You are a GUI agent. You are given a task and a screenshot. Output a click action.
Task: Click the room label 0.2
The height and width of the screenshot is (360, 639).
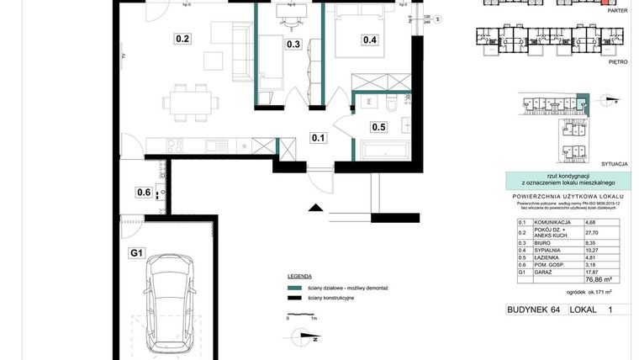pos(182,38)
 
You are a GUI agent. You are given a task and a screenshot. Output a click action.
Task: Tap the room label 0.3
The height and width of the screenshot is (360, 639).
pos(293,45)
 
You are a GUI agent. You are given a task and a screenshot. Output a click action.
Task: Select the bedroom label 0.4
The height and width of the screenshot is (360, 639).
pos(369,39)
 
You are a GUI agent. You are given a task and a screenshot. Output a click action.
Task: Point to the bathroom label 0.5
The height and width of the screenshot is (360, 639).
pos(378,127)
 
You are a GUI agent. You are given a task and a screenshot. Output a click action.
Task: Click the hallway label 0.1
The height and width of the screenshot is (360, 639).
pos(319,138)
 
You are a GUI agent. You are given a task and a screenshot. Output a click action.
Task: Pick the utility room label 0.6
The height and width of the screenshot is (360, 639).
pos(143,192)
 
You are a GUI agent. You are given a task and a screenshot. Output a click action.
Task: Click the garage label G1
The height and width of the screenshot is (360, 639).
pos(137,251)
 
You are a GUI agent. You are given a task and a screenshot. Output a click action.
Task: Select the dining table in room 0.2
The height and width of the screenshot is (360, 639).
pos(190,102)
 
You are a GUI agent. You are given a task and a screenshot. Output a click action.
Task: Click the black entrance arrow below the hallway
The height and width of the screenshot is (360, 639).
pos(315,209)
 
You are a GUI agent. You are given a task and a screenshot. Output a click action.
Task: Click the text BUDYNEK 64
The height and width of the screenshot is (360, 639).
pos(533,310)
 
